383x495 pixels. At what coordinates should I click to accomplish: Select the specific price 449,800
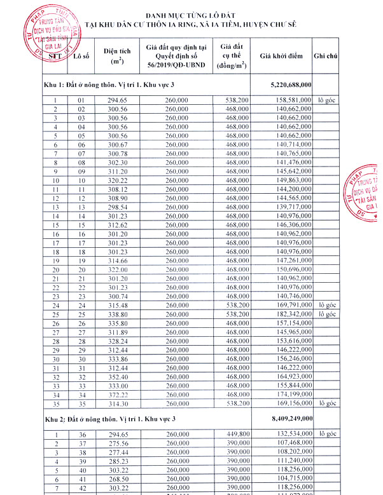(237, 434)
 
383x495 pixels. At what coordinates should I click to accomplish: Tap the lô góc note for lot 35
(327, 402)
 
